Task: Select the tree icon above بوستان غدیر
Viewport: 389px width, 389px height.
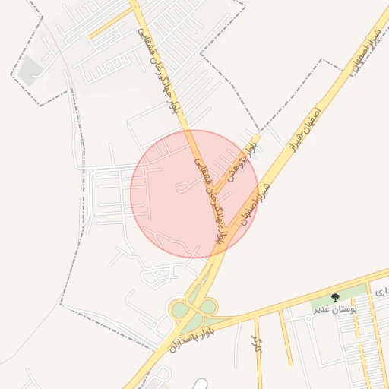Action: pos(336,297)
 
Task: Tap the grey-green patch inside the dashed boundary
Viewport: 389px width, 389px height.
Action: pos(31,71)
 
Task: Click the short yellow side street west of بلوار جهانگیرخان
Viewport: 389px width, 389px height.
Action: pos(110,25)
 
